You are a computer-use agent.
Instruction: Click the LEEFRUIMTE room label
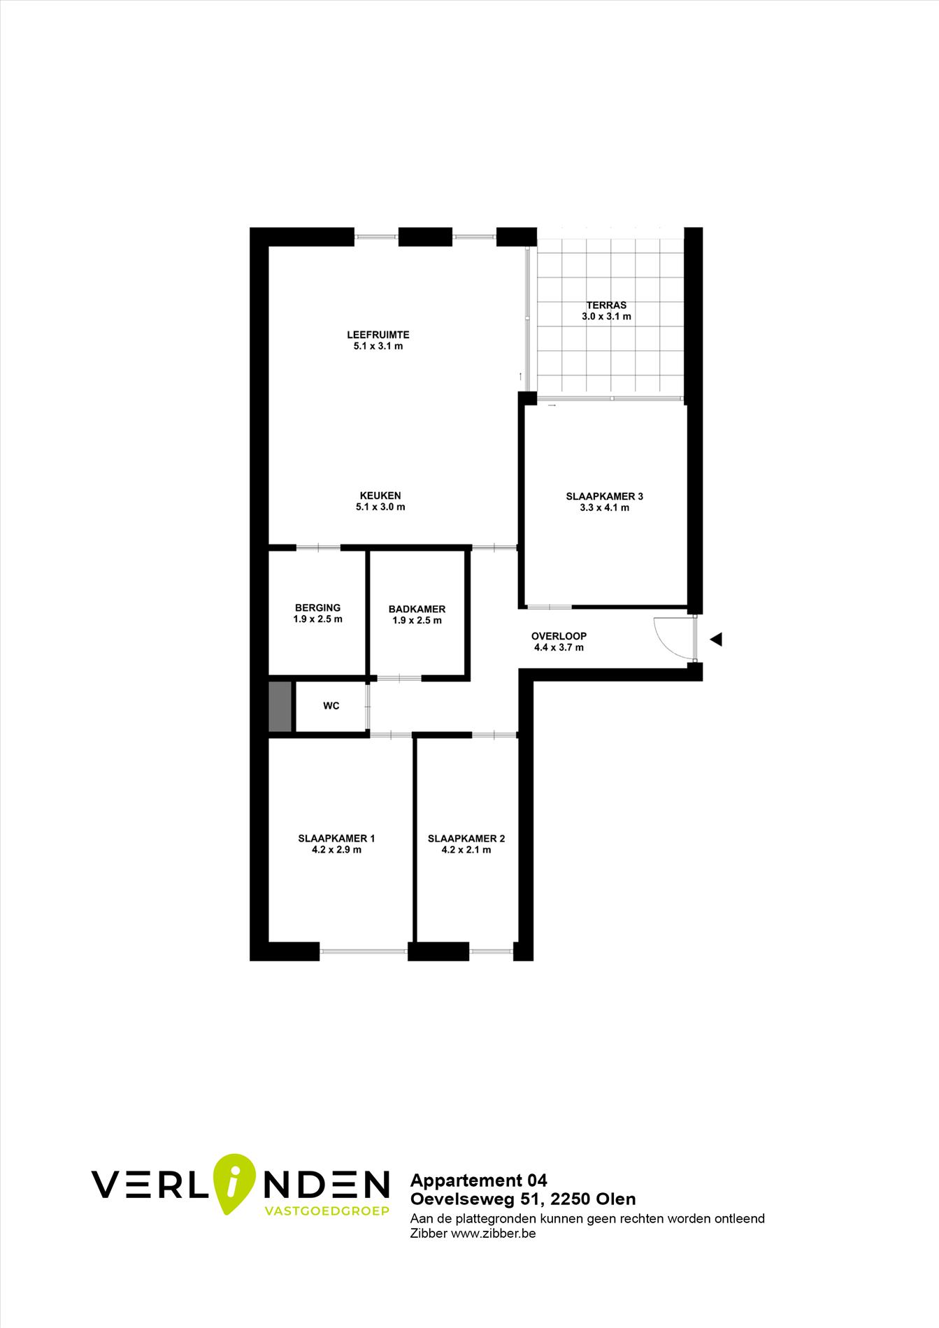378,335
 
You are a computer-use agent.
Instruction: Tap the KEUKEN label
380,496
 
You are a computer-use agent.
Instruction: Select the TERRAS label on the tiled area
606,305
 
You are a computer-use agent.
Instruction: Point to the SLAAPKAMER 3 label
604,497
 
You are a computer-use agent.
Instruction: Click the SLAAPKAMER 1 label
336,839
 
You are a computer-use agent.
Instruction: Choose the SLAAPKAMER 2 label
466,839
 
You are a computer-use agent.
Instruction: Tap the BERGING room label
317,608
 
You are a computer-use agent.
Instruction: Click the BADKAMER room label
417,609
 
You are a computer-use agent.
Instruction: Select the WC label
331,706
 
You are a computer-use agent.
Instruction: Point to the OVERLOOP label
559,637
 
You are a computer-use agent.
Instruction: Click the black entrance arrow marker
716,639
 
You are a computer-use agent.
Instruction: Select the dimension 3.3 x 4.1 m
604,508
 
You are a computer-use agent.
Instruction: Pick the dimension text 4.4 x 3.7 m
559,648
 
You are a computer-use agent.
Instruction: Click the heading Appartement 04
479,1181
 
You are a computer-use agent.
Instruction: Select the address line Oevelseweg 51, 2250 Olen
523,1199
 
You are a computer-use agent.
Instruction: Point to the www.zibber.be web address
494,1234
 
